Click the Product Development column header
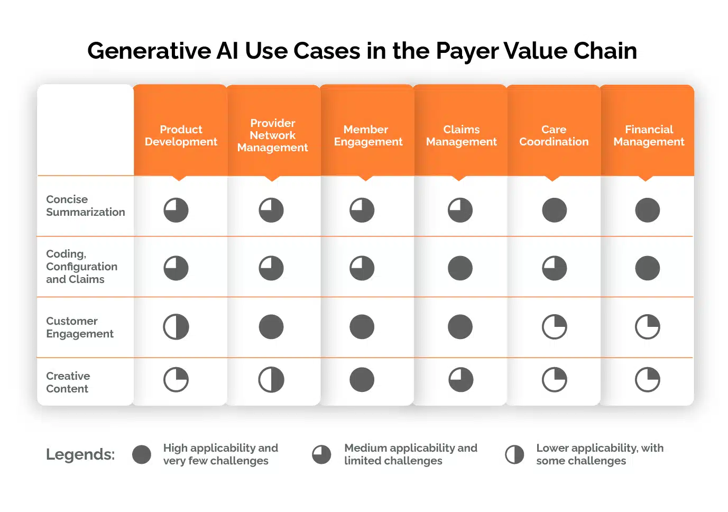tap(181, 135)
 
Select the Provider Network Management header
tap(273, 135)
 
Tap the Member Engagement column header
tap(368, 135)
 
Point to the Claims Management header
tap(461, 135)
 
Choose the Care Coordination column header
tap(554, 135)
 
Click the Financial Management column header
tap(649, 135)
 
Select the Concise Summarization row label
tap(86, 205)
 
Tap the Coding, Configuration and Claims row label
tap(81, 266)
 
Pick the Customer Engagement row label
tap(80, 327)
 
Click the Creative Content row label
tap(68, 382)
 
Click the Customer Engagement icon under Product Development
tap(176, 327)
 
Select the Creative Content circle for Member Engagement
tap(362, 379)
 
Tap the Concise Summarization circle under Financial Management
tap(648, 210)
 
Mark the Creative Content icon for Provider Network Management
tap(271, 379)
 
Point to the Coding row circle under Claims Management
tap(460, 268)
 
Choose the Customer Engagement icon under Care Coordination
tap(554, 327)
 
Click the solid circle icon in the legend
tap(141, 454)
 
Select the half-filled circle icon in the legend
tap(514, 454)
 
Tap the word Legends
tap(80, 454)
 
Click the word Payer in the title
tap(467, 51)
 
